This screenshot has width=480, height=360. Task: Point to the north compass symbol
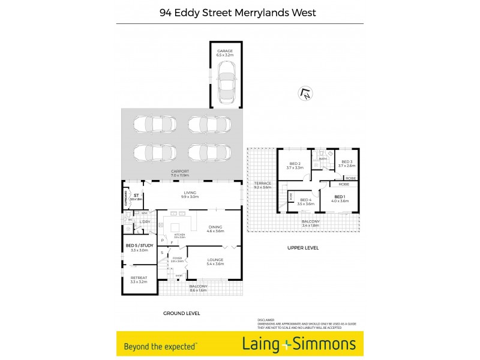click(305, 94)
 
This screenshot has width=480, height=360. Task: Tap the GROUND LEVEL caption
click(181, 313)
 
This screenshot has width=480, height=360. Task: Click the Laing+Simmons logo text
click(299, 344)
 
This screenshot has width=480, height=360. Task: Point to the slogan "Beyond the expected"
click(160, 346)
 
